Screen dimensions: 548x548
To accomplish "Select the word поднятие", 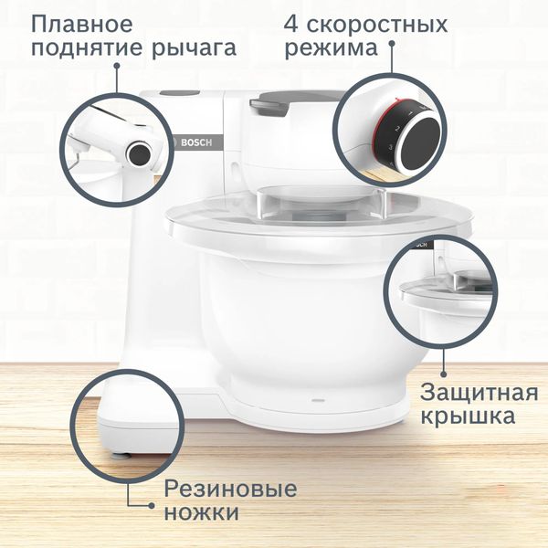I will point(83,47).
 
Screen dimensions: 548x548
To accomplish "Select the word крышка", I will point(468,417).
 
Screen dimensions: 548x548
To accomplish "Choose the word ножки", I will point(202,513).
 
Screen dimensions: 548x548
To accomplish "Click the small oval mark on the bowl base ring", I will point(317,400).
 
